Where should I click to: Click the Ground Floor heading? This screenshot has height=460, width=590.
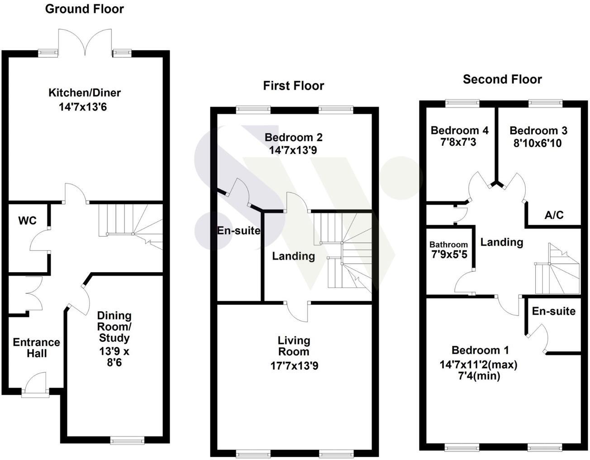[84, 9]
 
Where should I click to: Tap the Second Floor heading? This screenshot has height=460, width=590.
[502, 80]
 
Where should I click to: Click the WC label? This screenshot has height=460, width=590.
[27, 221]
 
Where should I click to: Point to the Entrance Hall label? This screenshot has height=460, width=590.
[36, 347]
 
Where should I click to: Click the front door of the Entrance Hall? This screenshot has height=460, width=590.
[35, 384]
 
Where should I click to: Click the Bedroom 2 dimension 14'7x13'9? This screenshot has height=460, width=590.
[293, 150]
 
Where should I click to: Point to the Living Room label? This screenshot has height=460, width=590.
[294, 346]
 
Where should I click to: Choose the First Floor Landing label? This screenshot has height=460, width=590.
[293, 256]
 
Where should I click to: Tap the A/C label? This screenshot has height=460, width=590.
[554, 215]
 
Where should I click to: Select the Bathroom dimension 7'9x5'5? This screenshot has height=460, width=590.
[449, 255]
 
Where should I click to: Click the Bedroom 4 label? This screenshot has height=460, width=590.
[459, 131]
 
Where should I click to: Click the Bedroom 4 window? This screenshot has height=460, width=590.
[462, 103]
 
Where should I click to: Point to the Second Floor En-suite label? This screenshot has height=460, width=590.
[553, 311]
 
